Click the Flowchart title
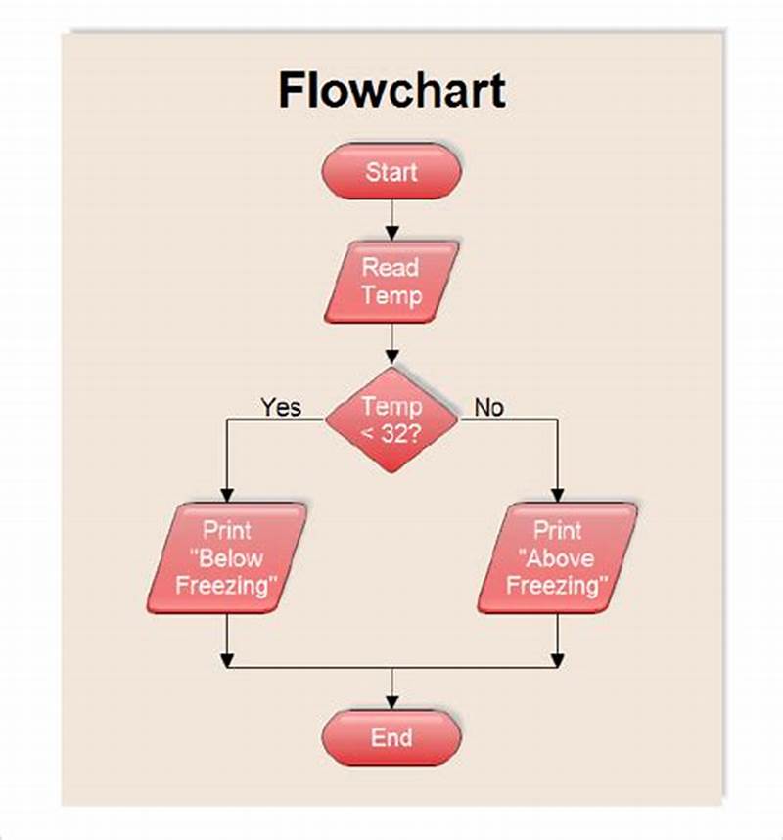click(391, 90)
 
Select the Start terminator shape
click(391, 173)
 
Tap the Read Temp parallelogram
click(391, 282)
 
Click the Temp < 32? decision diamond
click(391, 420)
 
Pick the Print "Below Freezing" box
click(226, 558)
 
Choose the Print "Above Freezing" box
click(557, 558)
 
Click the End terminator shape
click(391, 737)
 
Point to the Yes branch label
click(281, 407)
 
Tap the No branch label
click(488, 407)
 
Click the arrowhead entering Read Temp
click(391, 234)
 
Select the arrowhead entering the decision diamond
click(391, 359)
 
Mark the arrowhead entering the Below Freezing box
click(226, 495)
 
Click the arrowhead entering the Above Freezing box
click(557, 495)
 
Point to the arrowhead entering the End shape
click(391, 701)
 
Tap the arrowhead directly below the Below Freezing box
click(226, 661)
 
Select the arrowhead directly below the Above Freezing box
click(557, 661)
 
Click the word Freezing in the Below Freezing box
click(226, 586)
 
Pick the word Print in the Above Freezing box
click(557, 531)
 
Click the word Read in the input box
click(391, 267)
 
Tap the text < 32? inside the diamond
click(391, 433)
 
